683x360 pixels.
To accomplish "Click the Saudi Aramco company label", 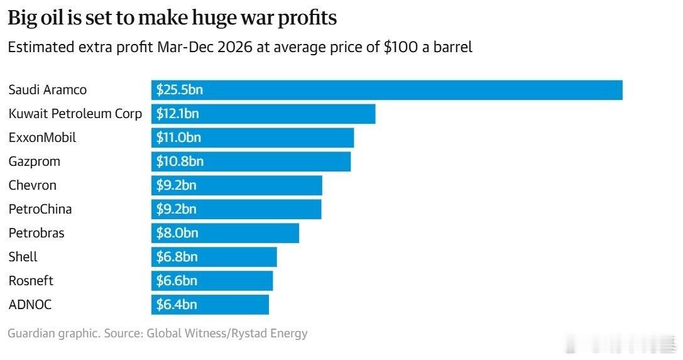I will pos(48,90).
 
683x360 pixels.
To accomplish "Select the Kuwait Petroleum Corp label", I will pos(75,114).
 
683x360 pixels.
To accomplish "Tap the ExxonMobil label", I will pos(43,138).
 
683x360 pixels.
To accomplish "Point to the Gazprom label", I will pos(35,161).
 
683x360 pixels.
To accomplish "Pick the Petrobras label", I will pos(36,233).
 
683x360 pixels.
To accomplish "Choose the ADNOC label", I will pos(30,305).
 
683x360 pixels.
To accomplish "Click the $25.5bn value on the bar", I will pos(180,90).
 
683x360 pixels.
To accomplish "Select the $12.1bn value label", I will pos(178,114).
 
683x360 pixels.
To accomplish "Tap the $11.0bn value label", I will pos(178,138).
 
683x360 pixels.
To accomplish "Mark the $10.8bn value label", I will pos(180,161).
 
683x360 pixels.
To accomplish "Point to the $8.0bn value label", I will pos(177,233).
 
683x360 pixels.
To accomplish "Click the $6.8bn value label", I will pos(177,257).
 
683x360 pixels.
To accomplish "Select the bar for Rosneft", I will pos(212,281).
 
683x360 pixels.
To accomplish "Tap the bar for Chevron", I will pos(236,185).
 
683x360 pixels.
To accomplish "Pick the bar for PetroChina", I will pos(236,209).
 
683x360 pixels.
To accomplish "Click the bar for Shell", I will pos(214,257).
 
